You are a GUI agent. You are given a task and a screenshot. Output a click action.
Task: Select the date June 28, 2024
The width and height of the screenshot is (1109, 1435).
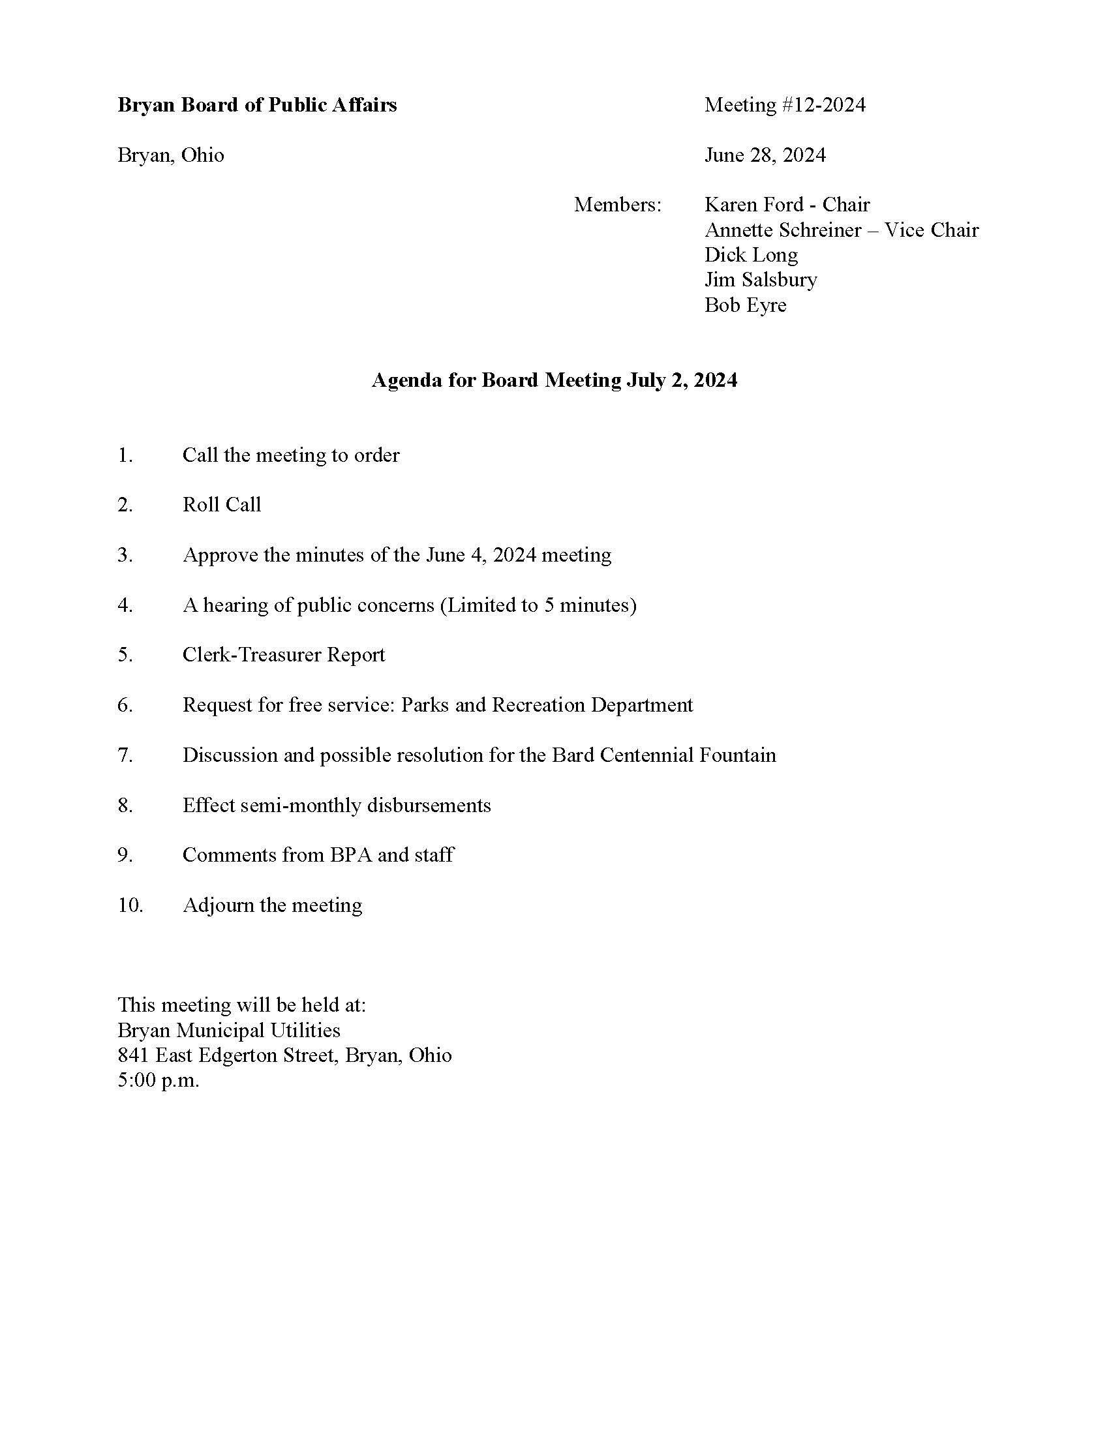point(765,155)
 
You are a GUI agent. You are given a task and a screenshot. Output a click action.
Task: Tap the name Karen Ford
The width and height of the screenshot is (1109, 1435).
point(753,205)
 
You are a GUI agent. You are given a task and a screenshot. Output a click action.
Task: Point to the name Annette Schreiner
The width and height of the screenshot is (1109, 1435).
point(782,230)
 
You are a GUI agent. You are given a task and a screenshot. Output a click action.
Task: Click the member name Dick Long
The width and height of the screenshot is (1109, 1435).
point(751,255)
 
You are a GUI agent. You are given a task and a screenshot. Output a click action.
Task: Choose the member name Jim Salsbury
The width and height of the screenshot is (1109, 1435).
point(760,280)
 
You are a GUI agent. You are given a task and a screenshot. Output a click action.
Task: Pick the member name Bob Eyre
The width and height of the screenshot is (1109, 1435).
point(745,305)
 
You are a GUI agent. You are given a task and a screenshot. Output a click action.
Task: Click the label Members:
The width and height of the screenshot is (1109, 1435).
point(618,205)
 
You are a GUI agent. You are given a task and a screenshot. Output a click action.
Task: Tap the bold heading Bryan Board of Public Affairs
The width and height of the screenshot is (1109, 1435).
point(257,105)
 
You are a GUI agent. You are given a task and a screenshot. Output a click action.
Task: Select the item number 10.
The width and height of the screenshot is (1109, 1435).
point(130,905)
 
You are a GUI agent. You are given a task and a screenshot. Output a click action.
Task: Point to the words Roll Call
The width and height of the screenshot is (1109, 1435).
point(221,505)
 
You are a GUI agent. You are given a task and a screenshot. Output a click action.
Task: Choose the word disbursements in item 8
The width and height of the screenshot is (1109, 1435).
point(429,806)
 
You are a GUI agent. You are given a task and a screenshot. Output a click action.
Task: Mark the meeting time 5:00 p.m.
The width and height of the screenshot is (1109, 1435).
point(159,1080)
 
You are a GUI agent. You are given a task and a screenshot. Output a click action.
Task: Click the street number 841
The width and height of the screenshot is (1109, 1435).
point(133,1055)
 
